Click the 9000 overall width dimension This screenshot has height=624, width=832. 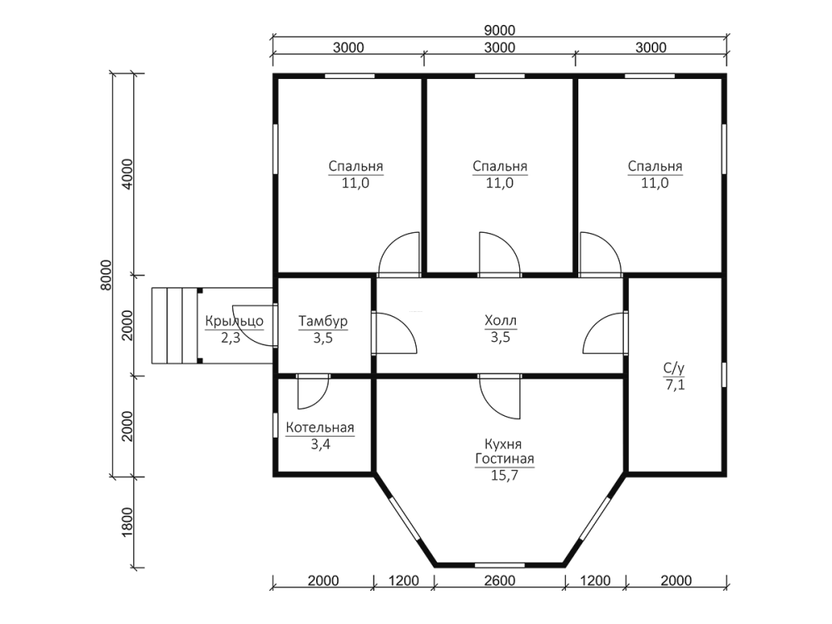499,30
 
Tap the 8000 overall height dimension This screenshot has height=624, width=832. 106,275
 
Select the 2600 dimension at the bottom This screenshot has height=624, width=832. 499,581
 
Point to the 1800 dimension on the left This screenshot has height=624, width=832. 127,522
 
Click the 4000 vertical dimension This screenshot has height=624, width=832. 127,174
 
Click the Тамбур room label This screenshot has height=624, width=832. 323,321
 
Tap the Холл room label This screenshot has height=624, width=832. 500,320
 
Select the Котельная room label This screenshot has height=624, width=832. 320,428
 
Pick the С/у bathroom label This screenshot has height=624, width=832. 674,368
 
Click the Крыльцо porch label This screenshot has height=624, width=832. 234,321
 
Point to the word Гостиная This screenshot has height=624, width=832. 505,459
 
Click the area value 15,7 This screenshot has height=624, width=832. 504,475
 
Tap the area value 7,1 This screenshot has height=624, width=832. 675,384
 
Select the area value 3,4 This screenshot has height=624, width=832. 320,444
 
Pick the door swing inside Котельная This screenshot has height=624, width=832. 313,392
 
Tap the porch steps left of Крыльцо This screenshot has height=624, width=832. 175,326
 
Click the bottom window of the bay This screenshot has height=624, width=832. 499,565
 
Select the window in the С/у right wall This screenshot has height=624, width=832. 725,374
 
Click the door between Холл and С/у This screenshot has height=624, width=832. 606,334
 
